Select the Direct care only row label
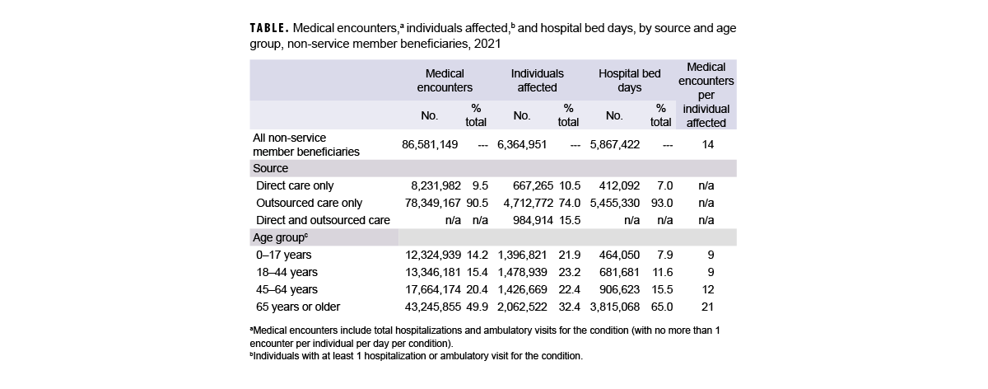tap(295, 185)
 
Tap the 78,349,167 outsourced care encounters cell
tap(430, 203)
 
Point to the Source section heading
tap(270, 167)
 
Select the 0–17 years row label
tap(283, 255)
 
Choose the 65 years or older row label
tap(298, 307)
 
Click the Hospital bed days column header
tap(629, 80)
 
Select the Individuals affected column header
tap(537, 80)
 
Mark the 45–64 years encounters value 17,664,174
tap(430, 289)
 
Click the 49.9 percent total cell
tap(477, 307)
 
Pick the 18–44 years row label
tap(287, 272)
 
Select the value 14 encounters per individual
tap(706, 144)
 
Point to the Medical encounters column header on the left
tap(445, 80)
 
